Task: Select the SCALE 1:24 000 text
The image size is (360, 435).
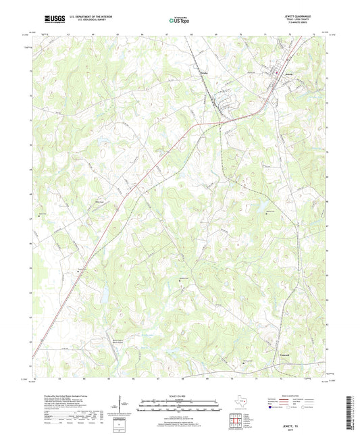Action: pos(179,395)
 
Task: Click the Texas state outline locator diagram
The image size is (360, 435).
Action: pos(243,403)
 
